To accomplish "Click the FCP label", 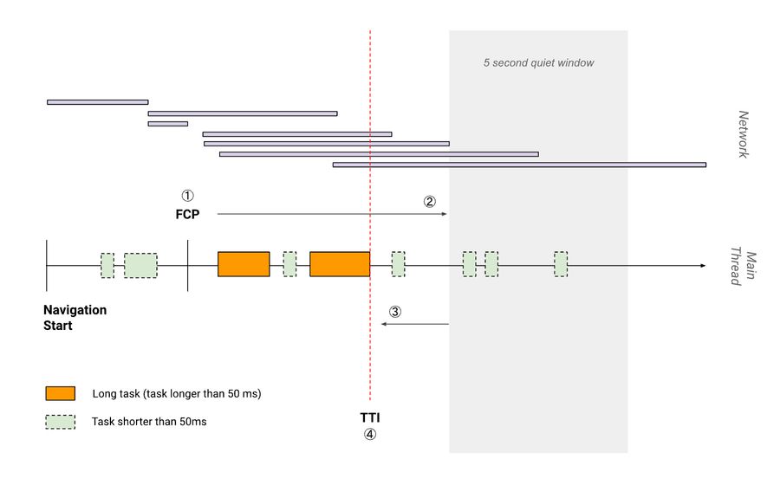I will (188, 213).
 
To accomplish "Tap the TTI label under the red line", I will (370, 417).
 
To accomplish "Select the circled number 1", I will (188, 196).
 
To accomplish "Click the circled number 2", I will (430, 201).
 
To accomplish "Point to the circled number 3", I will (395, 312).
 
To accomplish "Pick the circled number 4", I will (370, 435).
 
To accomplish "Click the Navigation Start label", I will (75, 317).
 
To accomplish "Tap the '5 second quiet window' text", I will (538, 63).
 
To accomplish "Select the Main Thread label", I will (744, 268).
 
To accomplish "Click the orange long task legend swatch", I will (61, 394).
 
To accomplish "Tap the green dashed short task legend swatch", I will (61, 423).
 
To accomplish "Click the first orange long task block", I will (244, 264).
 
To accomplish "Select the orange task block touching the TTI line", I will (340, 264).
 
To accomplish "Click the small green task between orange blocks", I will (289, 264).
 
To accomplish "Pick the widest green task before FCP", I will (140, 265).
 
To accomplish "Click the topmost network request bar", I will (97, 102).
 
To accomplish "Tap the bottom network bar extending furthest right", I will (519, 164).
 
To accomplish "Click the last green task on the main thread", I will (561, 264).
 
